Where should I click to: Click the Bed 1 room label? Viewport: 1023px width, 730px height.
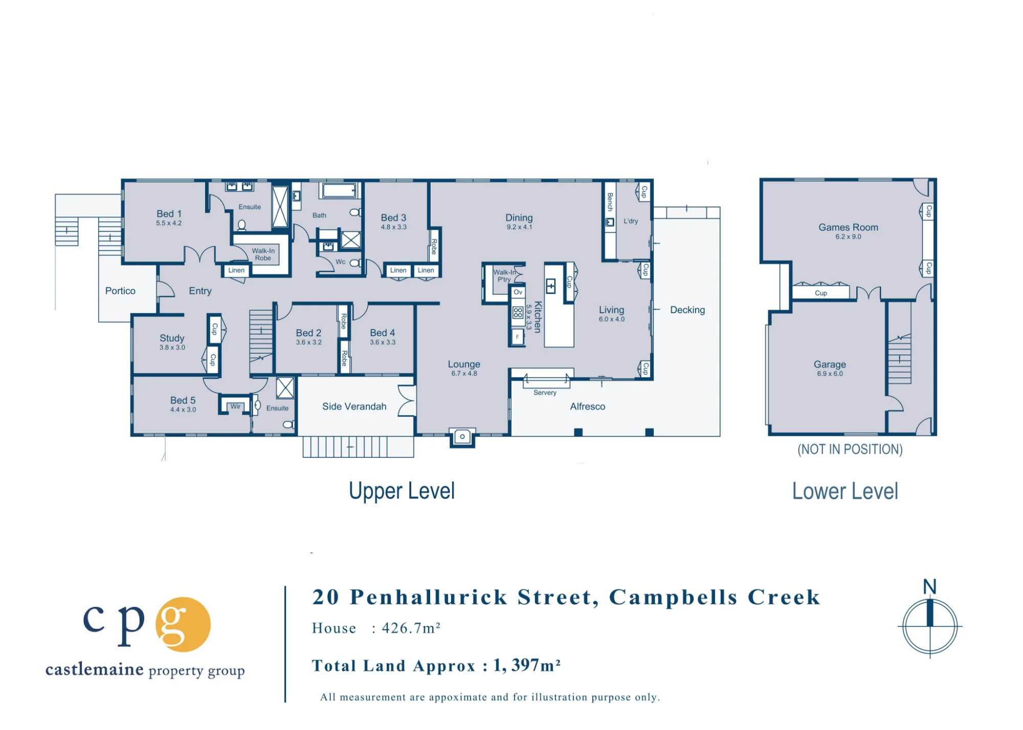click(x=169, y=214)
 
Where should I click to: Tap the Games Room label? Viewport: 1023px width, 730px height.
click(x=848, y=227)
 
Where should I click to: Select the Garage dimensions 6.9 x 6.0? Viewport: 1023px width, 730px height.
click(x=830, y=374)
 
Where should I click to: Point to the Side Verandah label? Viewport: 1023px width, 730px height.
click(x=354, y=406)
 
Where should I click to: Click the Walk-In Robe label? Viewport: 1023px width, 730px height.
click(x=263, y=254)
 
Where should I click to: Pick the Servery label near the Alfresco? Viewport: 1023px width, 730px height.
click(x=545, y=393)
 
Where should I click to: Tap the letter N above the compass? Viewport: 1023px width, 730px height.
click(x=929, y=587)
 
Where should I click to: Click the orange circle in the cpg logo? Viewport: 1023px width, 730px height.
click(x=183, y=624)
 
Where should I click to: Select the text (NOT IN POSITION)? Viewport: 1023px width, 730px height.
click(x=850, y=449)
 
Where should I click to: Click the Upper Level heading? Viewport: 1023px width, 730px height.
click(x=402, y=491)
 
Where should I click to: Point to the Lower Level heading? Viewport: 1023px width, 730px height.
click(x=845, y=491)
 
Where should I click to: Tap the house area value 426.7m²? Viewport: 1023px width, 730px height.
click(x=411, y=628)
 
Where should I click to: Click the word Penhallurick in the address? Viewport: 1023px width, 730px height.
click(x=429, y=597)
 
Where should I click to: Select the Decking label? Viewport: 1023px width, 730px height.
click(x=687, y=310)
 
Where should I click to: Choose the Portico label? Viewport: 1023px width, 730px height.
click(x=120, y=291)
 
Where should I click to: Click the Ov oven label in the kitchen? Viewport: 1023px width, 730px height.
click(x=518, y=292)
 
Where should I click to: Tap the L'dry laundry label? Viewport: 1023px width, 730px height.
click(x=631, y=221)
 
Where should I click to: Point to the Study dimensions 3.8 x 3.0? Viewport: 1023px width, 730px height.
click(x=172, y=348)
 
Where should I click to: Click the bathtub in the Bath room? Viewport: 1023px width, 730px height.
click(x=339, y=191)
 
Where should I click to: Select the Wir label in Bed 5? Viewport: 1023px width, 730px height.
click(x=235, y=406)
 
